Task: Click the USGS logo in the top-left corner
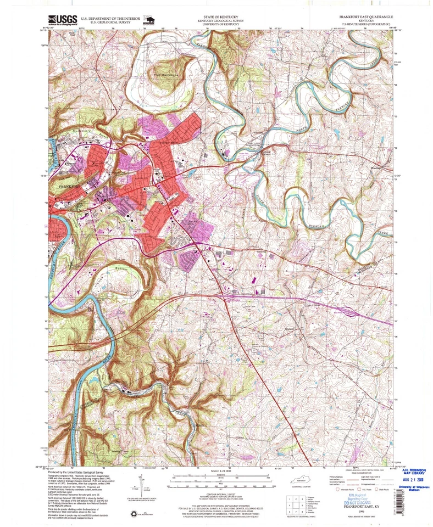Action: coord(62,20)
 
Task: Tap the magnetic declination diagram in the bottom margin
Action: coord(139,487)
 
